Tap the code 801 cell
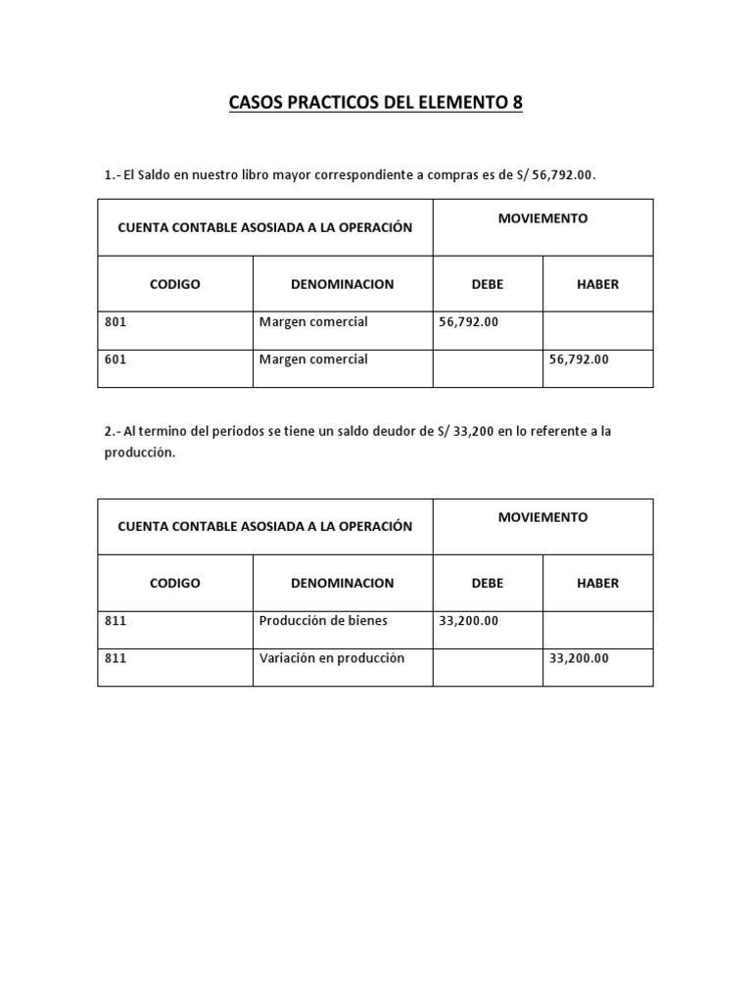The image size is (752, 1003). click(x=116, y=321)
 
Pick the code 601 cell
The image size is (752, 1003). click(x=116, y=359)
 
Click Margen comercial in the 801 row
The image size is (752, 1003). click(x=313, y=321)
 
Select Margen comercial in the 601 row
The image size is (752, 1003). click(x=313, y=359)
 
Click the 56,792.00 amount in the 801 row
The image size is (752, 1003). click(x=469, y=321)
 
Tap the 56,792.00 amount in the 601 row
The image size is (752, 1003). click(x=579, y=359)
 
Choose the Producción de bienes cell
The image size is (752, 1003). click(x=323, y=620)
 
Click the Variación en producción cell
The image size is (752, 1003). click(x=331, y=658)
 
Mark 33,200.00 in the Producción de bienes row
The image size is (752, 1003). click(x=469, y=620)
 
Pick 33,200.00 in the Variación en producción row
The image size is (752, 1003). click(x=579, y=658)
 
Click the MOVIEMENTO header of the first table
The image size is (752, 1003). click(x=542, y=218)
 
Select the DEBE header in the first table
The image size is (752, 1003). click(x=488, y=284)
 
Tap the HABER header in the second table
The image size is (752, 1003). click(x=597, y=583)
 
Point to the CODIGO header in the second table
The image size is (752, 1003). click(x=174, y=583)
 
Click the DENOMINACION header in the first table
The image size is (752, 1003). click(x=342, y=284)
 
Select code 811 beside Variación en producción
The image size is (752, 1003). click(x=116, y=658)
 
